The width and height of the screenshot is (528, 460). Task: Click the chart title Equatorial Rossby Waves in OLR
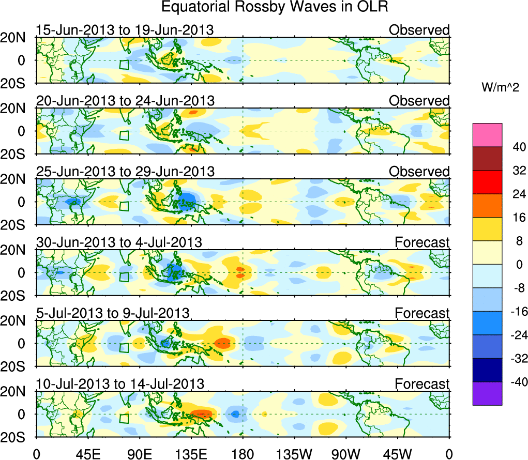[x=275, y=7]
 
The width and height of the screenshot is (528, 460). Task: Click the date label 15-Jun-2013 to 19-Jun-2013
[x=125, y=29]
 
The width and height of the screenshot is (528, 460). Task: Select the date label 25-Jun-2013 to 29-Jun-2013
[x=125, y=171]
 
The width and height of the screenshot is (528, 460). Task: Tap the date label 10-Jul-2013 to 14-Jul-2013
[x=120, y=384]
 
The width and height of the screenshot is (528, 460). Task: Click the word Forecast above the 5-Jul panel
[x=422, y=313]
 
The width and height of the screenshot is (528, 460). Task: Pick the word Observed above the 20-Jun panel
[x=419, y=100]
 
